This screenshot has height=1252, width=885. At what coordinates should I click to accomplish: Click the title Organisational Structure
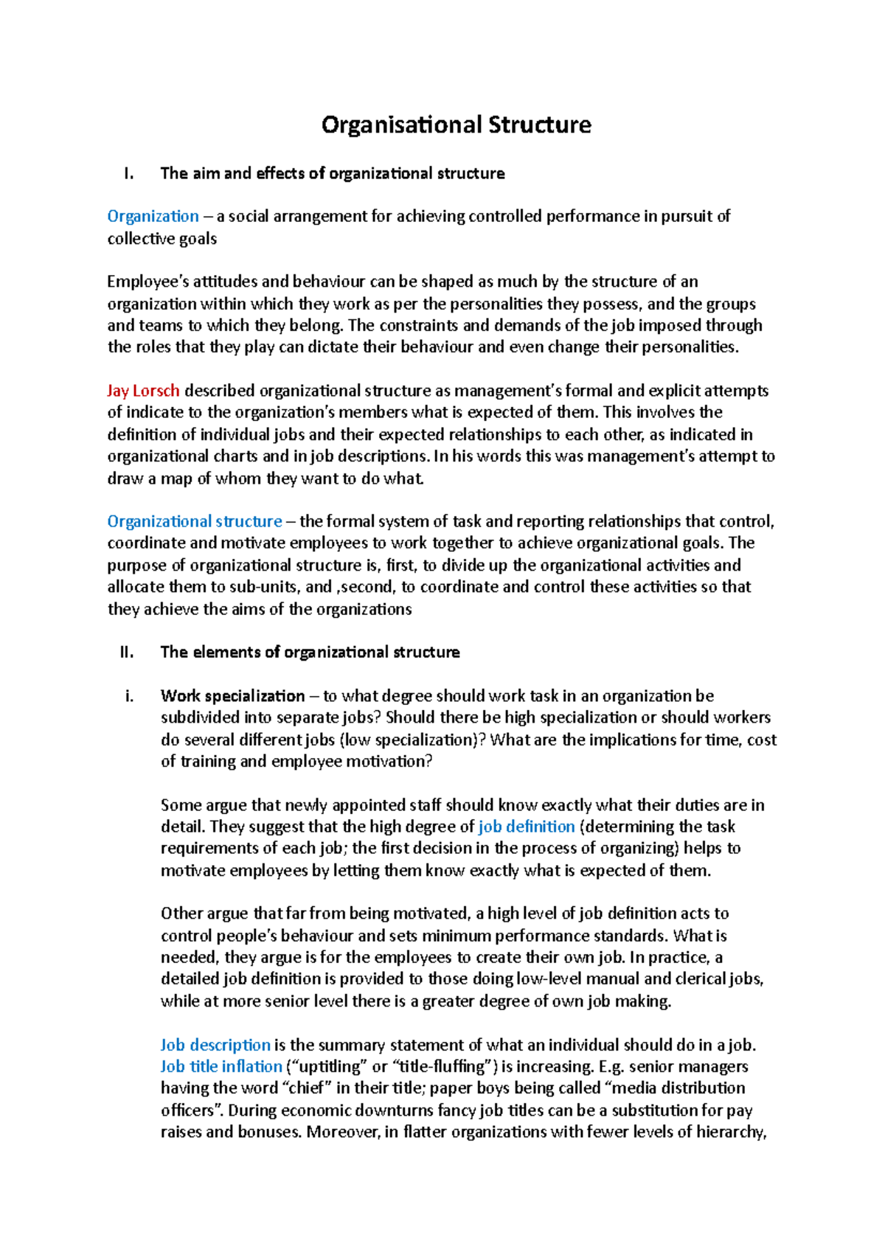tap(456, 125)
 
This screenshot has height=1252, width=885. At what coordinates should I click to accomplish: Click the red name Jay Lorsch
tap(143, 391)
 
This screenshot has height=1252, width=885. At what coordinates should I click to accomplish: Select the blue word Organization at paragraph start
tap(153, 217)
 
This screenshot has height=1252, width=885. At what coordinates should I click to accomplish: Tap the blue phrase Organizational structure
tap(195, 522)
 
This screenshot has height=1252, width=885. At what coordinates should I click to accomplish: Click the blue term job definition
tap(527, 827)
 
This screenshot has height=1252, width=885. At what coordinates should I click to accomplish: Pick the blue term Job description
tap(215, 1045)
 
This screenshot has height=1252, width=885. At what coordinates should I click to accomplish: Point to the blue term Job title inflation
tap(221, 1067)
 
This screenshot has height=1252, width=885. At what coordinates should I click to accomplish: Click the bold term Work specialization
tap(232, 696)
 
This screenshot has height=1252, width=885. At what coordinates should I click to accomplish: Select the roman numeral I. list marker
tap(129, 174)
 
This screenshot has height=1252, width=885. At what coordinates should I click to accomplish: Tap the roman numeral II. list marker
tap(126, 653)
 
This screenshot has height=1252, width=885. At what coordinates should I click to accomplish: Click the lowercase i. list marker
tap(129, 696)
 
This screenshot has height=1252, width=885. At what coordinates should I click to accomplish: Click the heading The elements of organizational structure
tap(310, 653)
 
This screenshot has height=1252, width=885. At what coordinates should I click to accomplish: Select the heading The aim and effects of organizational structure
tap(332, 174)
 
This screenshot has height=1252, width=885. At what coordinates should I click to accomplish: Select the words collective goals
tap(162, 239)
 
